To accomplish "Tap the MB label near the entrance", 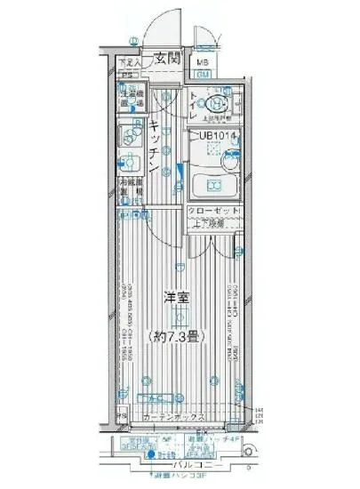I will coord(203,61).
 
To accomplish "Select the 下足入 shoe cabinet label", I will coord(128,62).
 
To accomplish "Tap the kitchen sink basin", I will coord(129,138).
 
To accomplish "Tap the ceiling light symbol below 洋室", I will coord(180,317).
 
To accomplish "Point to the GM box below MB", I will coord(203,75).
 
